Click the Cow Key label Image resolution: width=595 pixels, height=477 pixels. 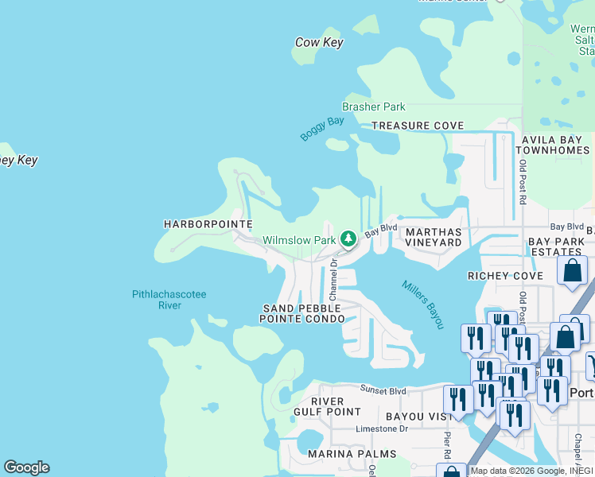[x=319, y=42]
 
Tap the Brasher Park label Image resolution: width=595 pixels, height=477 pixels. [x=373, y=107]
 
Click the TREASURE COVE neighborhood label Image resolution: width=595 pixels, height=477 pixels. [x=418, y=126]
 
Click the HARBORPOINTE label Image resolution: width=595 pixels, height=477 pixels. [x=208, y=224]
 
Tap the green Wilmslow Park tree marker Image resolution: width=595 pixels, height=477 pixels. [x=348, y=238]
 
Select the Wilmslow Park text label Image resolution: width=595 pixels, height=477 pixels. [x=299, y=239]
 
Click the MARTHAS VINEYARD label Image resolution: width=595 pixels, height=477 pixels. [x=434, y=236]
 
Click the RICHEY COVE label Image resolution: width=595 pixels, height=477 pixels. [x=505, y=276]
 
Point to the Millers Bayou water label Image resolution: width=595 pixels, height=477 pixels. [x=422, y=304]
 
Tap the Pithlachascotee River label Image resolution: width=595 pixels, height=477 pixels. [x=169, y=300]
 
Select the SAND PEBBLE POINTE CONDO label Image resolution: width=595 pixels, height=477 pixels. [x=301, y=313]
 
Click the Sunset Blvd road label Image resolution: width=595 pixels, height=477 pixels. [x=383, y=390]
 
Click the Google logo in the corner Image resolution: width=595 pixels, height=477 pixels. [x=26, y=467]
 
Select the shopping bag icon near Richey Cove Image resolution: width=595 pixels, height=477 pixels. [x=572, y=270]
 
